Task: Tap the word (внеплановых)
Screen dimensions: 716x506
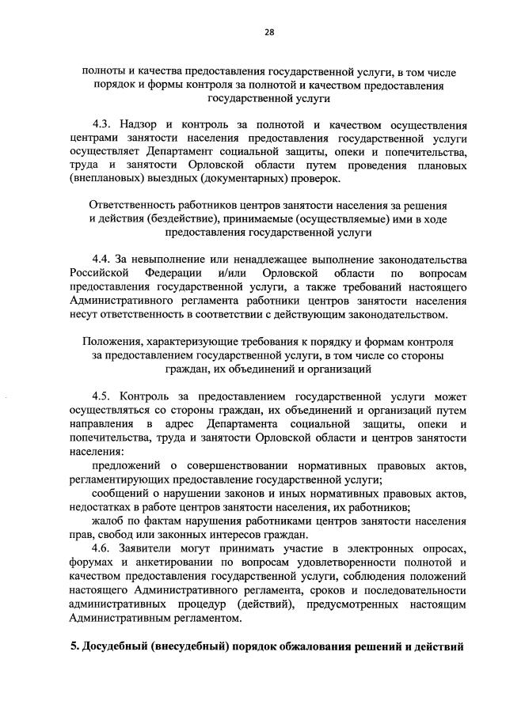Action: [x=108, y=178]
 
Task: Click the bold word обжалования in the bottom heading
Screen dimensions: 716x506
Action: [x=332, y=648]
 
